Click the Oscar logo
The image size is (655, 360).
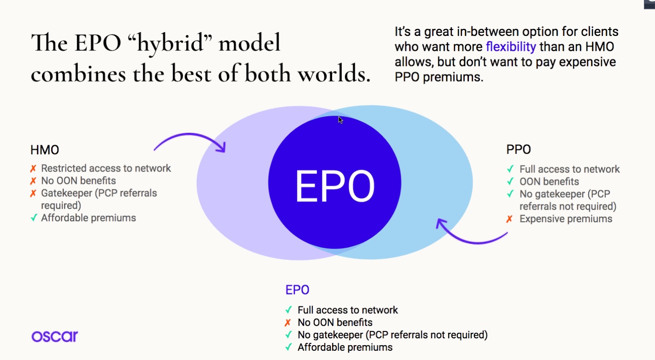pos(55,336)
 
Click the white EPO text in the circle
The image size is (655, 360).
pos(335,186)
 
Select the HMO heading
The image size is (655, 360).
pos(45,150)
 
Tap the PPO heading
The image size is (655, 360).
pos(519,149)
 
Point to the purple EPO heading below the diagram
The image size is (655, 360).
pos(297,290)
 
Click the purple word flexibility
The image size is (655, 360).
pos(511,47)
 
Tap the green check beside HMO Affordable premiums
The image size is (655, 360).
pos(34,218)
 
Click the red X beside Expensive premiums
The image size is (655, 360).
pos(509,219)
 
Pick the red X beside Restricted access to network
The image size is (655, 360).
pos(33,169)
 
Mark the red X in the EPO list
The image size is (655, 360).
pos(288,323)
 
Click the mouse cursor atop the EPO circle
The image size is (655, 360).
pos(340,120)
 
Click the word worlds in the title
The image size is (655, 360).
pos(334,73)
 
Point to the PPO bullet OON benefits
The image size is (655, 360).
pos(549,182)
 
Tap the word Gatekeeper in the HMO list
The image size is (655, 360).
pos(66,193)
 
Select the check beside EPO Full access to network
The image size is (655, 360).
pos(289,310)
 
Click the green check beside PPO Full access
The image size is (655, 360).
pos(510,169)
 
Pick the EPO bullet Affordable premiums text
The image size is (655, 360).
pos(345,348)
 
